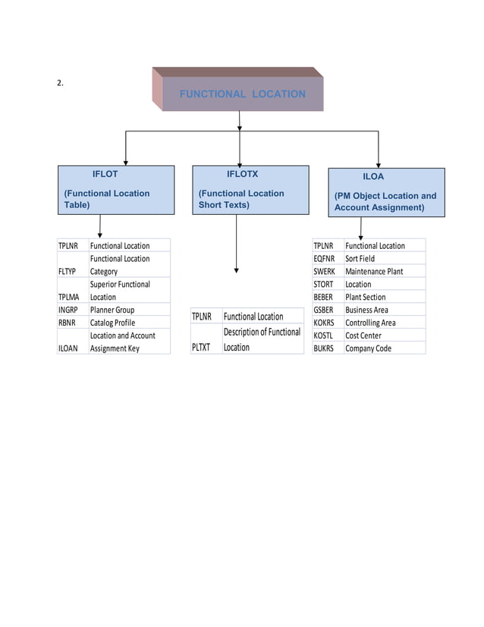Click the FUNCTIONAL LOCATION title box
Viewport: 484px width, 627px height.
tap(242, 94)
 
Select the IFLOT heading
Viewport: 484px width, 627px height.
tap(105, 175)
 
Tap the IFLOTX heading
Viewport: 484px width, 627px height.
tap(242, 175)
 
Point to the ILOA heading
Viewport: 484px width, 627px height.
tap(372, 176)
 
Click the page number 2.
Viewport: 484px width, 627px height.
tap(60, 83)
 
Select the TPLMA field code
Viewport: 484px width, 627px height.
tap(68, 297)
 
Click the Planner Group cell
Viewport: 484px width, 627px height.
tap(112, 310)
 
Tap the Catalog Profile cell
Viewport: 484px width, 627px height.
tap(113, 323)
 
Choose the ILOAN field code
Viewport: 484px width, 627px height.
tap(68, 348)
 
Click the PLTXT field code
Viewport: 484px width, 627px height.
tap(201, 347)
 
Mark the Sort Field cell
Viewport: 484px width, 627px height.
tap(360, 258)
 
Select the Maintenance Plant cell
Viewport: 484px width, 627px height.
tap(374, 271)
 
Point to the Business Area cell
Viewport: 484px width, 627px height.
tap(366, 310)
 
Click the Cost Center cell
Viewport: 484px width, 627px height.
tap(363, 336)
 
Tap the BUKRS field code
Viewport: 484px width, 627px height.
tap(324, 348)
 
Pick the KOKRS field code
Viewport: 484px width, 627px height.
tap(324, 323)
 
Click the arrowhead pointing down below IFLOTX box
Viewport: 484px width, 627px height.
tap(237, 269)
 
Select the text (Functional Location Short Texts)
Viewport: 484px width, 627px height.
tap(241, 199)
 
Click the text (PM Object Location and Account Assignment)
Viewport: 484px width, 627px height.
tap(385, 201)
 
